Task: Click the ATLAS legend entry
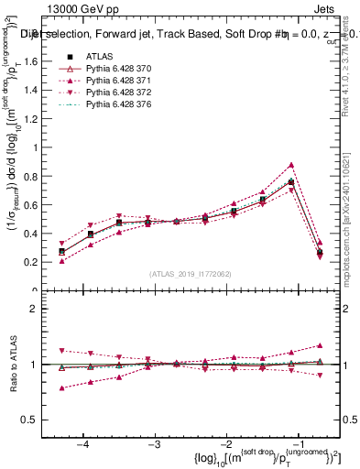99,56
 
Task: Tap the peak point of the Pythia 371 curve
291,165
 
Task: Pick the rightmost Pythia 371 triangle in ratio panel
319,345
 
